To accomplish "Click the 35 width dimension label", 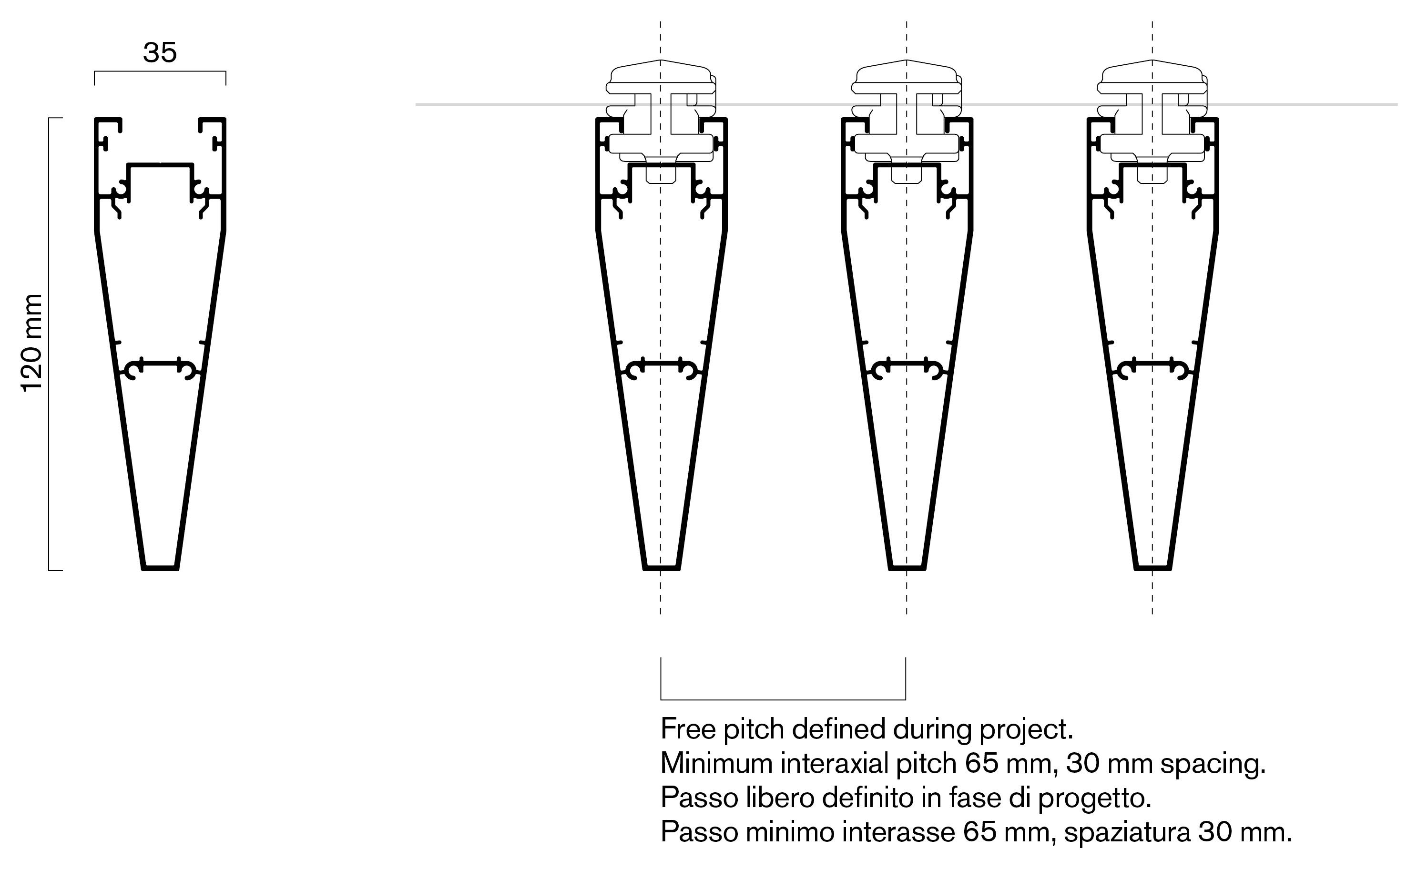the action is [160, 53].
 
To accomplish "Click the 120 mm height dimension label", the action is [31, 343].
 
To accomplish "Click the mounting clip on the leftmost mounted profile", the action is [661, 121].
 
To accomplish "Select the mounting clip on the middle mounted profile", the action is [907, 121].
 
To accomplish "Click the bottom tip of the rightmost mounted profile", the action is [1153, 568].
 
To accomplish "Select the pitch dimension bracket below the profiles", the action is [783, 699].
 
